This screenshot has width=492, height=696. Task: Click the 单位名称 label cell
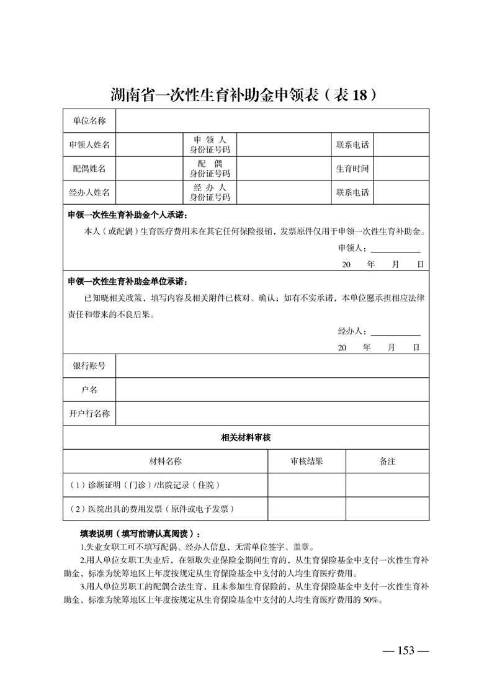tap(89, 120)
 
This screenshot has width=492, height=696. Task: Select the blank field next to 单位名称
tap(272, 120)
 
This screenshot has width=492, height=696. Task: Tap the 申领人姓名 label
tap(89, 145)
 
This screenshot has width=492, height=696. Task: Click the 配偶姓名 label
tap(89, 168)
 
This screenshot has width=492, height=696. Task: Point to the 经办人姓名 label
tap(89, 192)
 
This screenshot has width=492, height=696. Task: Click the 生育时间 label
tap(352, 168)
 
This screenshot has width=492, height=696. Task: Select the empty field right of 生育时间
tap(401, 168)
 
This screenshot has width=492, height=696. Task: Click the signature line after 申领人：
tap(395, 249)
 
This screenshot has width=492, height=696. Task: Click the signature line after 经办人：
tap(395, 331)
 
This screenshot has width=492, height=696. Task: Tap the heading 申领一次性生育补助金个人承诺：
tap(127, 215)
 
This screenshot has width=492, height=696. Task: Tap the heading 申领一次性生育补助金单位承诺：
tap(127, 282)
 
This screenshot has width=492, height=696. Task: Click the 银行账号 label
tap(89, 366)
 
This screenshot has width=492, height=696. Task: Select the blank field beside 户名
tap(272, 390)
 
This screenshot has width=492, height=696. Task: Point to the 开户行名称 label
tap(89, 413)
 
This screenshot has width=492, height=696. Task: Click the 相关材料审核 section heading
tap(246, 437)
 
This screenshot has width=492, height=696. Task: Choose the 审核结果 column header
tap(306, 462)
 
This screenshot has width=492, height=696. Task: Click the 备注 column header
tap(387, 462)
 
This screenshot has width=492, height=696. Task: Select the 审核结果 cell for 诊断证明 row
tap(306, 485)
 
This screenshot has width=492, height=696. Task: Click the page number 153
tap(406, 650)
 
